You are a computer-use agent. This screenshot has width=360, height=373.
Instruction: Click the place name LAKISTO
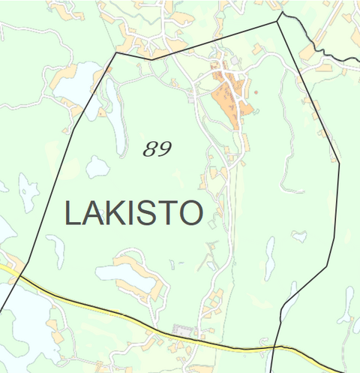coord(133,213)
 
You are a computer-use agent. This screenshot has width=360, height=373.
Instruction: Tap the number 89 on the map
coord(157,149)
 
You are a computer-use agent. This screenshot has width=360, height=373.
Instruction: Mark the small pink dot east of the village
coord(256,92)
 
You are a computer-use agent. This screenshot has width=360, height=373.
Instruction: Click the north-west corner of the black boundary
coord(116,53)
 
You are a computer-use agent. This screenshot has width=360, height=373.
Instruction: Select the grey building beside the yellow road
coord(181,330)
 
